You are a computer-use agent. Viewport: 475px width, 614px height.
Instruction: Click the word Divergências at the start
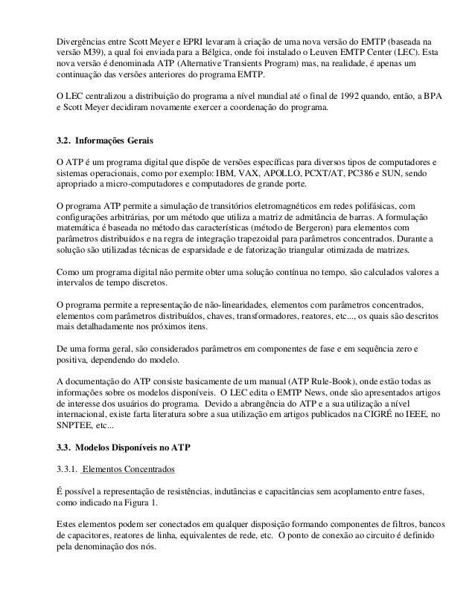point(82,38)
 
